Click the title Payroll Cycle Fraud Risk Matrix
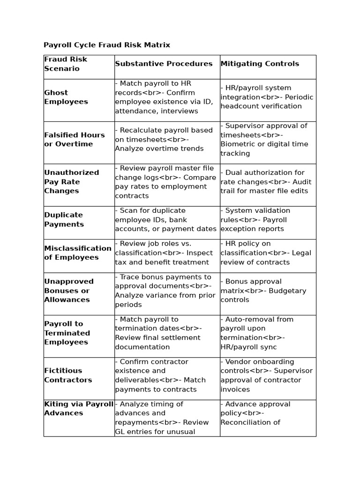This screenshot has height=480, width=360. (107, 45)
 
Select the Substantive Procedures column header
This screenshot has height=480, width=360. (164, 64)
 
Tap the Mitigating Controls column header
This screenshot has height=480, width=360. (260, 64)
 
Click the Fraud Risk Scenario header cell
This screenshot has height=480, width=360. (66, 64)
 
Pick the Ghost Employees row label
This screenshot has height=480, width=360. (66, 97)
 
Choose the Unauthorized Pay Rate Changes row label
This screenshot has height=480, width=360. (72, 182)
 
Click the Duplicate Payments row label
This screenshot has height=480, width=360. (64, 219)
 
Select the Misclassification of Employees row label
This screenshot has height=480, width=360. (78, 253)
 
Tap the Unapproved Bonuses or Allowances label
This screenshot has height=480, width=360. (69, 291)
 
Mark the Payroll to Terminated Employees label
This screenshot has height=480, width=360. (67, 333)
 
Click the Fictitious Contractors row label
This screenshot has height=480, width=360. (68, 375)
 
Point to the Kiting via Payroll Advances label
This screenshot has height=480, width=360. (79, 408)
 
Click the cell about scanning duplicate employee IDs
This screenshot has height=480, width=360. (166, 219)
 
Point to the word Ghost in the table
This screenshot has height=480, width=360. (56, 93)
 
